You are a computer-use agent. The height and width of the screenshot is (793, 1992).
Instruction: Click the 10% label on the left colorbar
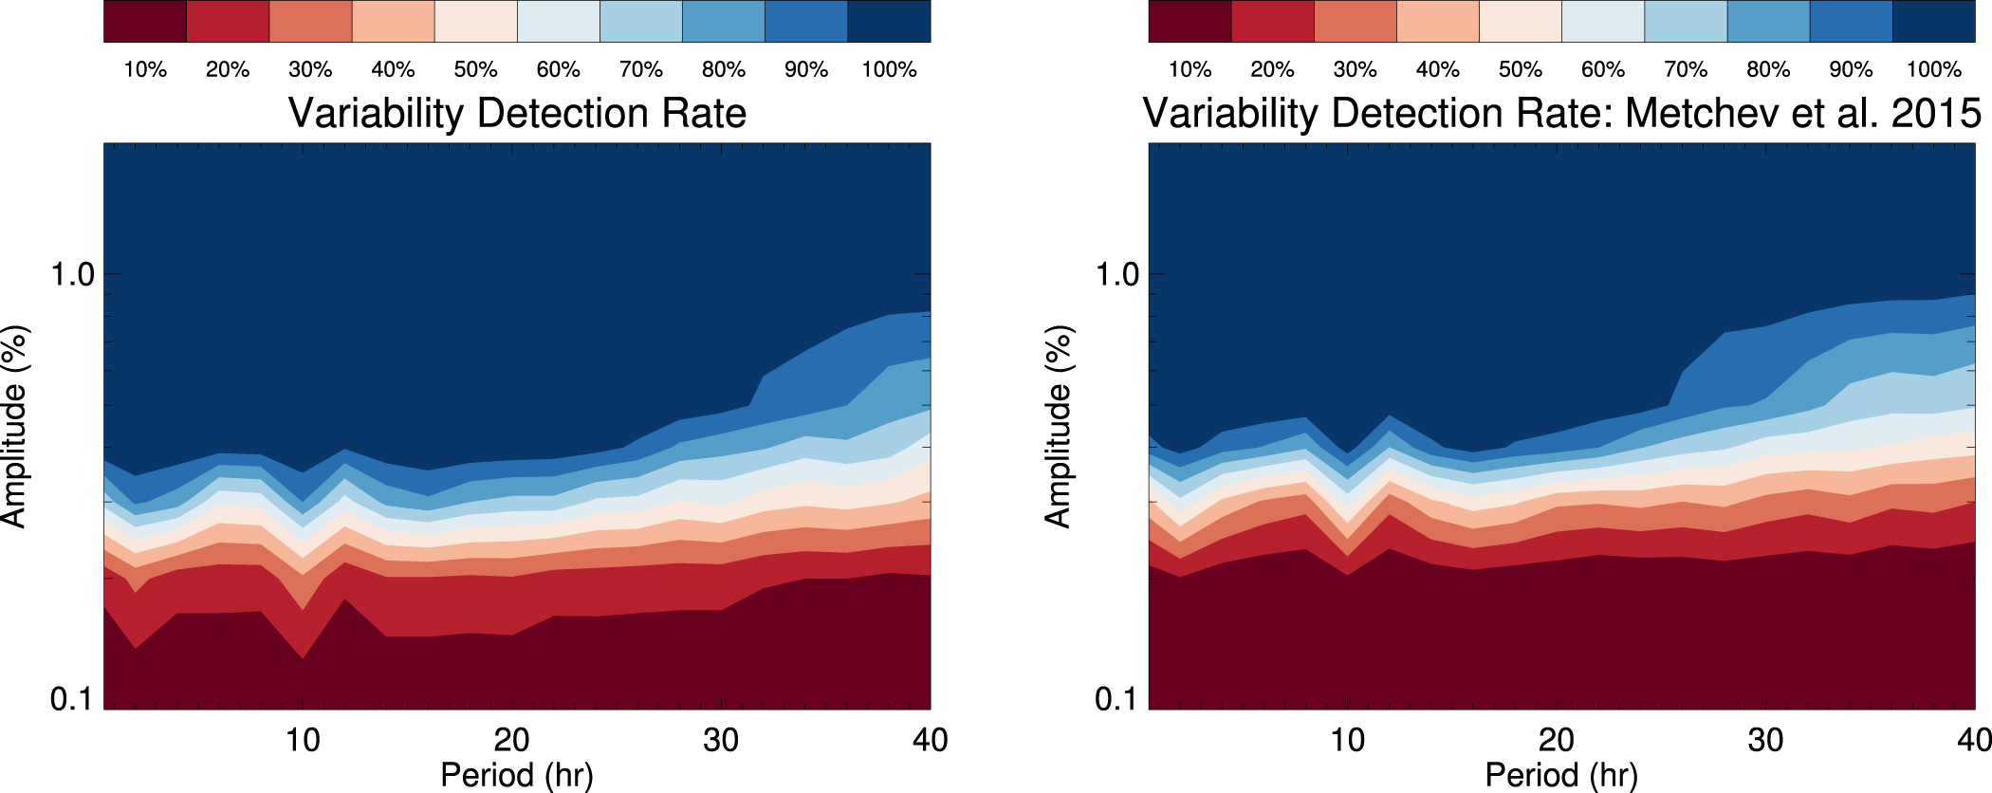pyautogui.click(x=145, y=69)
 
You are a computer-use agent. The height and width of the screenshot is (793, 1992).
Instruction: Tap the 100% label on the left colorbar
pyautogui.click(x=889, y=69)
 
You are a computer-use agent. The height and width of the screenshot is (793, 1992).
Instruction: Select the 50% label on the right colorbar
pyautogui.click(x=1520, y=69)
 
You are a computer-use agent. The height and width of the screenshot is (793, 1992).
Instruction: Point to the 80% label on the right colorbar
pyautogui.click(x=1768, y=69)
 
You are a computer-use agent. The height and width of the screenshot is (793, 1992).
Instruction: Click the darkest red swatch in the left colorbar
pyautogui.click(x=145, y=21)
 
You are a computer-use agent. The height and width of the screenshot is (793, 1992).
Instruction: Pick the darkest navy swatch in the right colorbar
pyautogui.click(x=1934, y=21)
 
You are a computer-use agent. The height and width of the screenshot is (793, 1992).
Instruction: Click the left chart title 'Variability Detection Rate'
pyautogui.click(x=517, y=113)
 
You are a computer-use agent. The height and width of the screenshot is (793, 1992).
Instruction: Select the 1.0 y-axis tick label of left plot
pyautogui.click(x=73, y=275)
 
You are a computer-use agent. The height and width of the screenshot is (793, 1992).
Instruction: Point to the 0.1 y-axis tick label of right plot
pyautogui.click(x=1117, y=699)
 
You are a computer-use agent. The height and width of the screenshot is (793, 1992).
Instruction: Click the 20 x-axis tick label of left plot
pyautogui.click(x=512, y=740)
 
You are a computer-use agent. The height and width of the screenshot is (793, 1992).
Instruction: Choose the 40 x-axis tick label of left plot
pyautogui.click(x=930, y=740)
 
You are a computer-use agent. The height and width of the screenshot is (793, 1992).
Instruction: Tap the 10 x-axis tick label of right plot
pyautogui.click(x=1347, y=740)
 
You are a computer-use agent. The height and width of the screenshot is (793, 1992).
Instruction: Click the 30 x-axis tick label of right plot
pyautogui.click(x=1765, y=740)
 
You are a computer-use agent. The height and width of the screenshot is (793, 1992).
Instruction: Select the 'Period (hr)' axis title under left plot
pyautogui.click(x=517, y=775)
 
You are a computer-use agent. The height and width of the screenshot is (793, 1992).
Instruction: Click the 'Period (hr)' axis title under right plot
pyautogui.click(x=1561, y=775)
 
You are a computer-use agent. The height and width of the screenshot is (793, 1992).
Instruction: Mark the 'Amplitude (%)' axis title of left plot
pyautogui.click(x=15, y=427)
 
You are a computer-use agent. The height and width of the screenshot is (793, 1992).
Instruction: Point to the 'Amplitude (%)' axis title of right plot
pyautogui.click(x=1059, y=427)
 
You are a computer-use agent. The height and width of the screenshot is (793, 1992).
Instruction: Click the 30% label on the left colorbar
pyautogui.click(x=310, y=69)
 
